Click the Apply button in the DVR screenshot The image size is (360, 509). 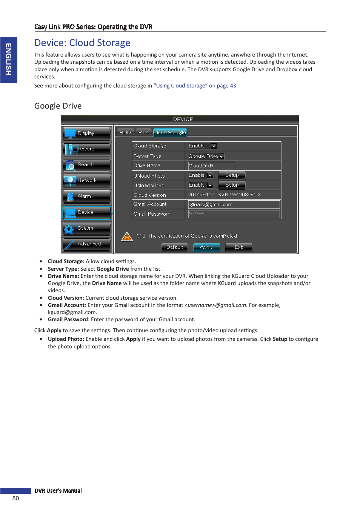coord(206,247)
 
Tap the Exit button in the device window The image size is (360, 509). coord(238,247)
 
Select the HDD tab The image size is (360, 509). coord(125,133)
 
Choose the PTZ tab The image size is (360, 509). coord(143,133)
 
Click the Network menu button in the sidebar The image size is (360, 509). coord(87,181)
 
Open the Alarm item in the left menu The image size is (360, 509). coord(87,196)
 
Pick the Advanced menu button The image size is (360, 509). coord(87,244)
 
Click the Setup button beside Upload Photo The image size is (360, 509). coord(232,175)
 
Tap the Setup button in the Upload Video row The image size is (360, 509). coord(232,185)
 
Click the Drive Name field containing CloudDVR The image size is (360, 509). coord(211,166)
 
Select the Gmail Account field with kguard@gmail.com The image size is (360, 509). coord(234,205)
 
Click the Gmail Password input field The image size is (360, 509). coord(234,214)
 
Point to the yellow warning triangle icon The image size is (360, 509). coord(127,236)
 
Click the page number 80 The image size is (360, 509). coord(15,498)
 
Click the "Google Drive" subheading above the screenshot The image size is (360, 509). coord(58,106)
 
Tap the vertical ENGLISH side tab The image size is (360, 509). coord(9,60)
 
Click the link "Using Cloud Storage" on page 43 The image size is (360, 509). coord(195,86)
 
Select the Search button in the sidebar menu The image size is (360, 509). coord(87,165)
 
